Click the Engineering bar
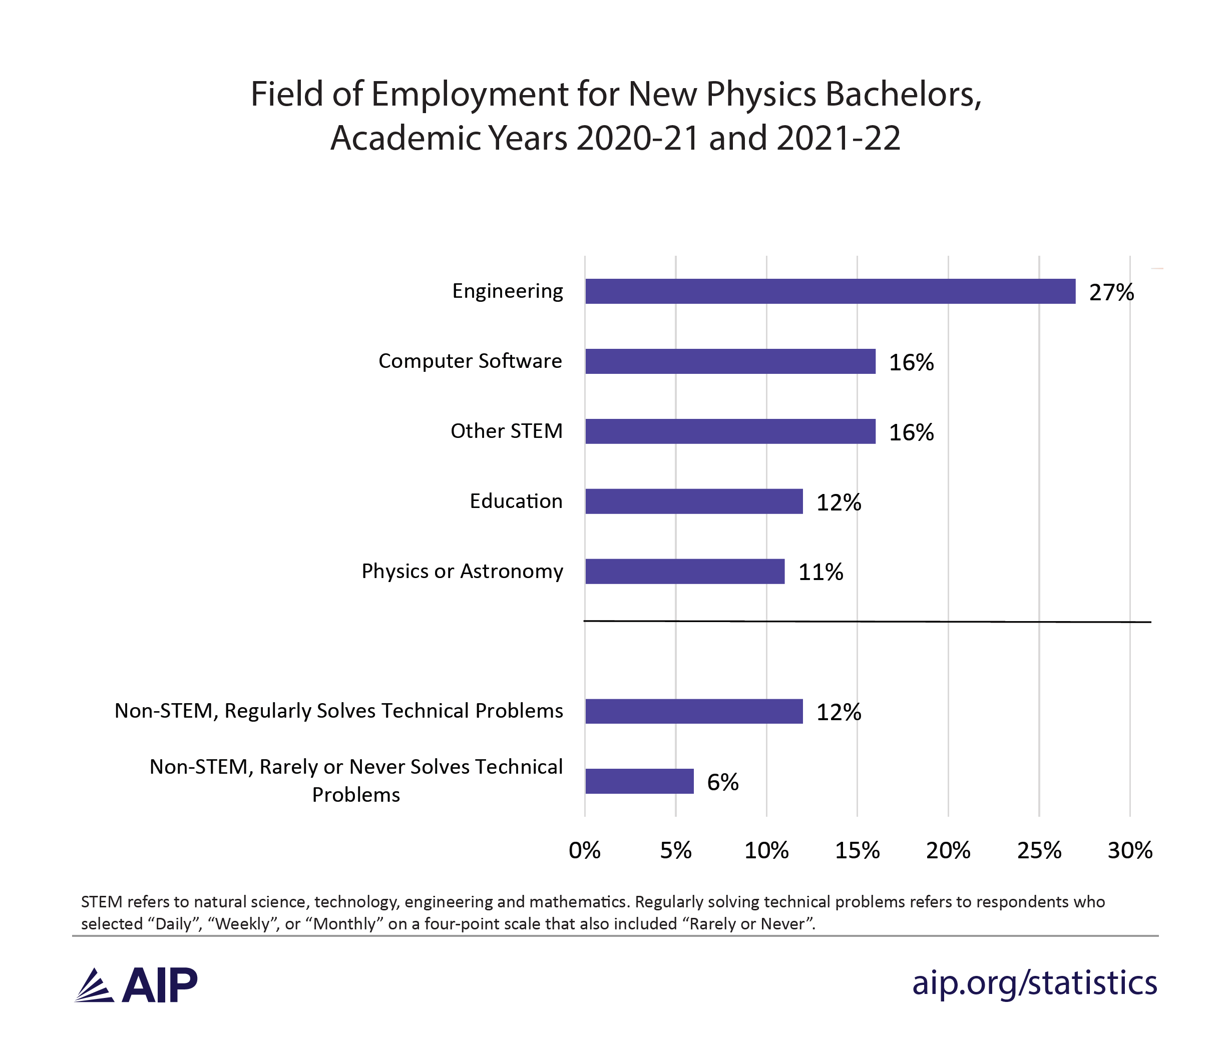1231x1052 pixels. tap(830, 291)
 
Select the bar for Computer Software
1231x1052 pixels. tap(730, 361)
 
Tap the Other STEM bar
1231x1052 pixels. tap(730, 431)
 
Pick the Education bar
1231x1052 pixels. tap(694, 501)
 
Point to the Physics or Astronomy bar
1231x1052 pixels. tap(684, 572)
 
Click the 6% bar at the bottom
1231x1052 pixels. tap(639, 781)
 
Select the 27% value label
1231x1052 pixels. tap(1111, 292)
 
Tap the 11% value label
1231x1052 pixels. tap(820, 573)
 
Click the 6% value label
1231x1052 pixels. tap(722, 782)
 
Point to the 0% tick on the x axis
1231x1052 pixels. tap(585, 851)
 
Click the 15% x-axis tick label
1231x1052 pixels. tap(858, 851)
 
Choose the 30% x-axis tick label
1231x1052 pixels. tap(1130, 851)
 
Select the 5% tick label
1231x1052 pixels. tap(675, 851)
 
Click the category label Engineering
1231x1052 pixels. tap(508, 291)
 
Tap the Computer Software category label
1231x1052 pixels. tap(470, 361)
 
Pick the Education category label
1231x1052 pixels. tap(516, 501)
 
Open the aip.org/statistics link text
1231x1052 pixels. tap(1034, 983)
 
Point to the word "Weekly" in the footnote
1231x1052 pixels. tap(241, 924)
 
